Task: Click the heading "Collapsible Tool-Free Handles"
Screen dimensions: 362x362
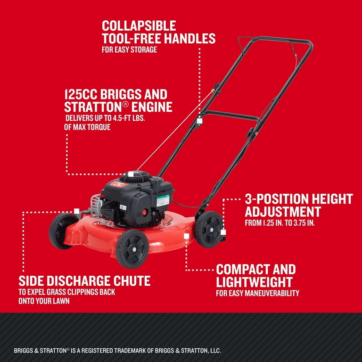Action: tap(158, 32)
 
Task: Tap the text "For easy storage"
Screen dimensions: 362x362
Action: tap(130, 49)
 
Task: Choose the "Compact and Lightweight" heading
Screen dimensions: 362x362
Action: tap(256, 276)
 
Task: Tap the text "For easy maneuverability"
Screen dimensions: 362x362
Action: tap(257, 293)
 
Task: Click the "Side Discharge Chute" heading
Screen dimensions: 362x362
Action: tap(85, 281)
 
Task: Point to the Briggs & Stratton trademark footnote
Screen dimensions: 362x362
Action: tap(118, 351)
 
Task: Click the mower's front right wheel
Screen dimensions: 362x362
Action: tap(132, 247)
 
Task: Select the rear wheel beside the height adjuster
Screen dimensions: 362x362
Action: tap(209, 229)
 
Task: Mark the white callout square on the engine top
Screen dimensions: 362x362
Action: tap(131, 174)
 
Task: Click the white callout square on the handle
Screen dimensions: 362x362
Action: tap(199, 121)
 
